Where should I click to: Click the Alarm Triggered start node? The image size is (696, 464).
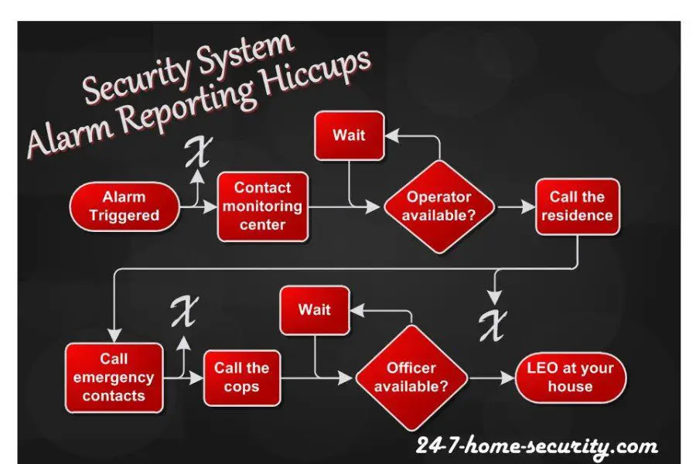(125, 206)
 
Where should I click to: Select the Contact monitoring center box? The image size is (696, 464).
(263, 206)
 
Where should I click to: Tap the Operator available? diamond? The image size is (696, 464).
(439, 207)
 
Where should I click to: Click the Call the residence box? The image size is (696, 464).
(578, 206)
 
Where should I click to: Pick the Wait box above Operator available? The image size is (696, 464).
(350, 135)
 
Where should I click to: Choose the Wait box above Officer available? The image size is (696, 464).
(315, 310)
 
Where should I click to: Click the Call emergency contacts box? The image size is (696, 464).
(114, 377)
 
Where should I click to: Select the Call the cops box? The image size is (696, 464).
(242, 378)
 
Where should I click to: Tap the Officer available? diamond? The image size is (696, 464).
(411, 378)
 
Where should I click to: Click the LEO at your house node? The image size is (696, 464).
(571, 378)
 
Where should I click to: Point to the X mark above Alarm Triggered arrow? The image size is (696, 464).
(199, 152)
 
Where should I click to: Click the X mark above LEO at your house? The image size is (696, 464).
(493, 325)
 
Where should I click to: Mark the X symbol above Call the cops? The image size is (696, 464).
(185, 311)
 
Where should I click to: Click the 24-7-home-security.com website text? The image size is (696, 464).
(537, 445)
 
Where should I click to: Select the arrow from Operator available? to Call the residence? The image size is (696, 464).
(517, 207)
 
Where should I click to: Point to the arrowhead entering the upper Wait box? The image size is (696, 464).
(392, 136)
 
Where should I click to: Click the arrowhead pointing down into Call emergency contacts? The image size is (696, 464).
(114, 335)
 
